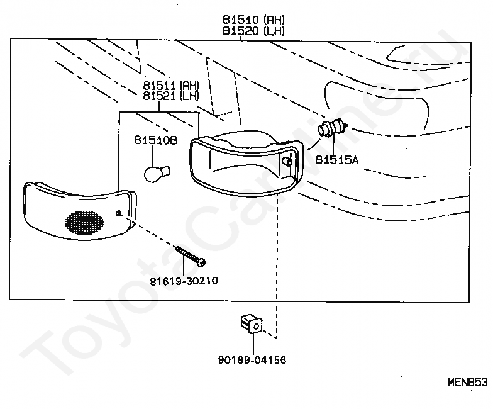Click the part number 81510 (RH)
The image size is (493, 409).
253,20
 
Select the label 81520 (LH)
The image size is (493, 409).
253,31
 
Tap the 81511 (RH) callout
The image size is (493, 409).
171,86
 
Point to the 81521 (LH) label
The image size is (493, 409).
171,96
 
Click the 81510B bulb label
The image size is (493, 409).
156,140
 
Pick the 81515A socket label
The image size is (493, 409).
337,160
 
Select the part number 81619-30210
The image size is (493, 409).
184,281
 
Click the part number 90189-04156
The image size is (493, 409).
252,360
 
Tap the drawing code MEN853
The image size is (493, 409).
468,383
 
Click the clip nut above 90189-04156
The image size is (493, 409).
252,324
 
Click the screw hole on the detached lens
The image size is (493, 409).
118,214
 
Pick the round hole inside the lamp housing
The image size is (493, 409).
287,162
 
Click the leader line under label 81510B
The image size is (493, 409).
152,156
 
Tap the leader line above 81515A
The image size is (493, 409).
333,146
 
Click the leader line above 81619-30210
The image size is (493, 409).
185,266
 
